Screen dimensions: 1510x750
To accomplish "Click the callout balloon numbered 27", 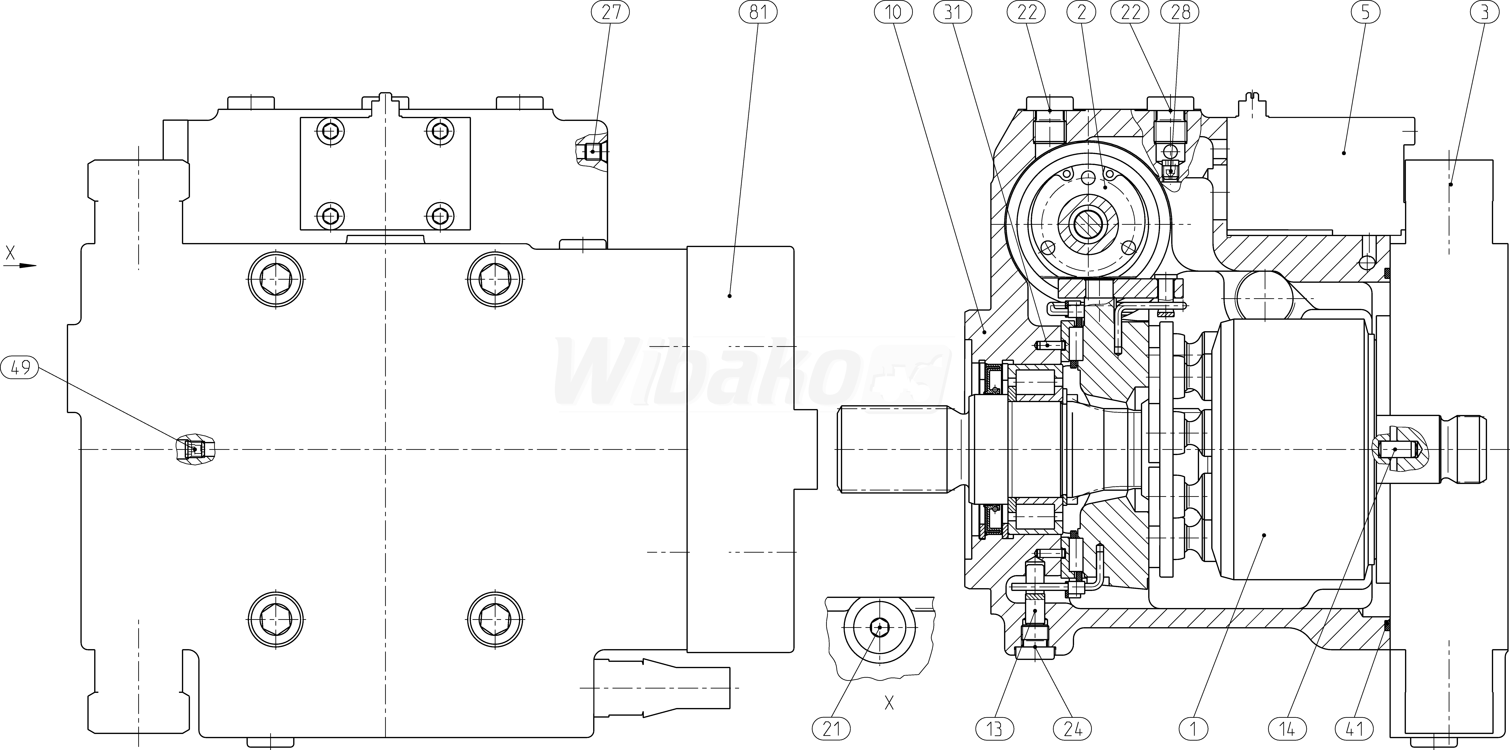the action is coord(610,12).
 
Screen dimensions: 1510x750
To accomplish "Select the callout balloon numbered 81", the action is coord(758,12).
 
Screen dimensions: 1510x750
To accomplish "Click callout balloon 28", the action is coord(1181,12).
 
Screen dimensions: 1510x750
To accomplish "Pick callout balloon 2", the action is coord(1082,12).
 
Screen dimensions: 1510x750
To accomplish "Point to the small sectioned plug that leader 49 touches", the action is coord(195,450).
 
